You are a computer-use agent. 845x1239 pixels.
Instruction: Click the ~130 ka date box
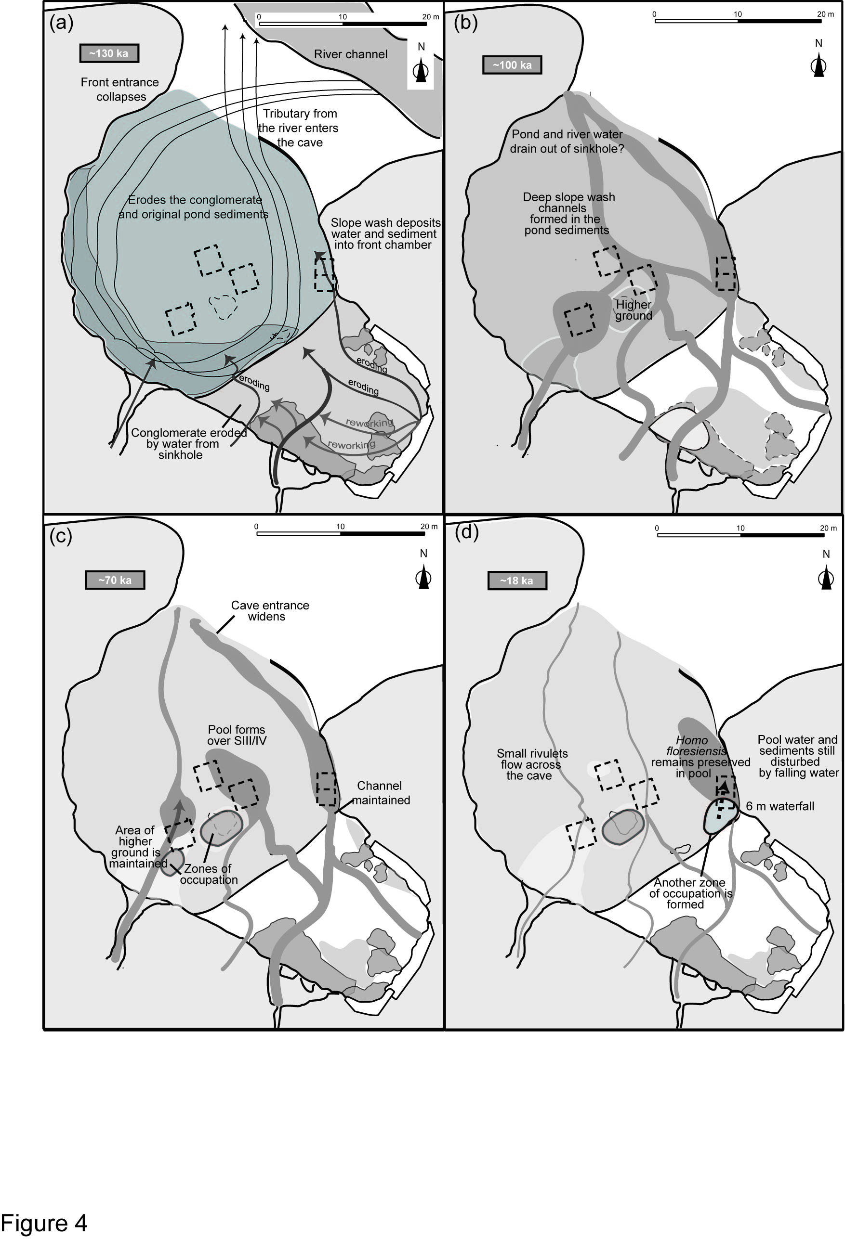tap(109, 53)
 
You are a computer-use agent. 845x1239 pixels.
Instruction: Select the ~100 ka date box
tap(512, 65)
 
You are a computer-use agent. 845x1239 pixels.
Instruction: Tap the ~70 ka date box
tap(115, 580)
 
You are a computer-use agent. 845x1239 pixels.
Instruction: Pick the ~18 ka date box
tap(516, 581)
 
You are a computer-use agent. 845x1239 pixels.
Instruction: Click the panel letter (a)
tap(61, 23)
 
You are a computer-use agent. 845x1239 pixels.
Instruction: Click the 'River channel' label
tap(351, 54)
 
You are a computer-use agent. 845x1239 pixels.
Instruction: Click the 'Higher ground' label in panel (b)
tap(633, 310)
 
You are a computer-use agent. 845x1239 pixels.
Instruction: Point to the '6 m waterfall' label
tap(779, 806)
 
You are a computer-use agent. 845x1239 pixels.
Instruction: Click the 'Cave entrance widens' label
tap(269, 611)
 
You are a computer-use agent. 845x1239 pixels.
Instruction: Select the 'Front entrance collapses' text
tap(120, 90)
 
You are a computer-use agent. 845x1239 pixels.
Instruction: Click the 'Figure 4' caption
tap(44, 1223)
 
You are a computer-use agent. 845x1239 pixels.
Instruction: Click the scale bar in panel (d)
tap(740, 535)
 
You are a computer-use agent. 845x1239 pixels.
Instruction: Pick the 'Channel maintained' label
tap(381, 793)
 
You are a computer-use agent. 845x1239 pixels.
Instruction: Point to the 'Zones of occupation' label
tap(208, 874)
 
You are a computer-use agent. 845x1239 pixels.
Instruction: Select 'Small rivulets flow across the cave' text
tap(531, 764)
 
